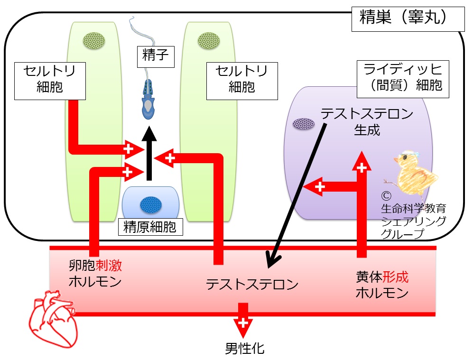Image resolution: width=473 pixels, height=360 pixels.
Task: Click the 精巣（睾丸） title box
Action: (x=408, y=18)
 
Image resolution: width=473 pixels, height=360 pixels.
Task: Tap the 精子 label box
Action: (x=156, y=57)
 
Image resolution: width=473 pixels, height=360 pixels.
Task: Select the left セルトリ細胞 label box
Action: (x=50, y=81)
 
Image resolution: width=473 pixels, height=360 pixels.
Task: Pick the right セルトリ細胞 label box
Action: (x=242, y=81)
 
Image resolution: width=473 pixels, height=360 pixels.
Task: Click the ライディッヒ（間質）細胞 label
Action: (x=403, y=79)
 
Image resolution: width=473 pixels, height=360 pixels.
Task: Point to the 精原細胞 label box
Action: (x=150, y=227)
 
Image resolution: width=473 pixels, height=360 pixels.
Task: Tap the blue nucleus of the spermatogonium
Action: (x=151, y=205)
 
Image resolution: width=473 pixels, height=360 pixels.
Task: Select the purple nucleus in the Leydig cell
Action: (x=304, y=124)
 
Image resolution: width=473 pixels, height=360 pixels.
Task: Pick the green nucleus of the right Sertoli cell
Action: (x=209, y=41)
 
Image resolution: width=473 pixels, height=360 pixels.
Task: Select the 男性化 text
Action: (x=245, y=349)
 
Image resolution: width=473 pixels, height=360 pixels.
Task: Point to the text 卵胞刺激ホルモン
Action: (x=95, y=274)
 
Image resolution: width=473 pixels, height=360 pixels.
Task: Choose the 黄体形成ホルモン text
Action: (x=382, y=285)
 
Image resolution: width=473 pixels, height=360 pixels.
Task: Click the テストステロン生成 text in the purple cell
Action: (x=367, y=122)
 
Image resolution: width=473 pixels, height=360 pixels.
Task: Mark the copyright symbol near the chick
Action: (x=386, y=196)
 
